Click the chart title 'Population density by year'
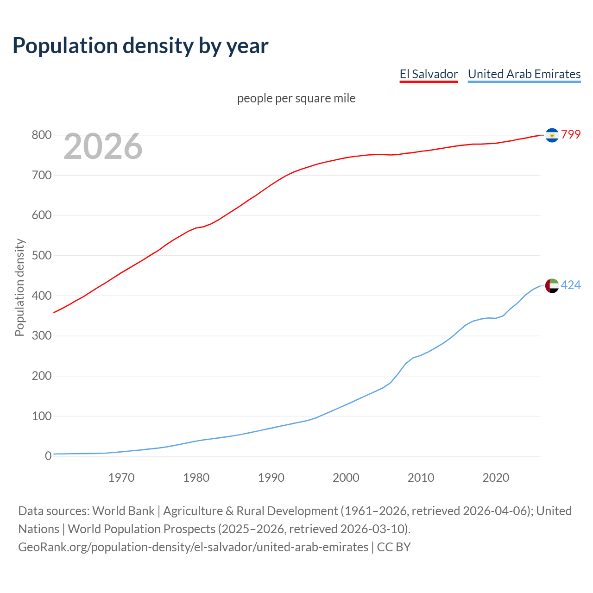tap(140, 45)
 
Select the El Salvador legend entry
tap(429, 74)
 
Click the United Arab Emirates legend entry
tap(524, 74)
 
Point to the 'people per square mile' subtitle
tap(296, 98)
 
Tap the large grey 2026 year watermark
tap(103, 146)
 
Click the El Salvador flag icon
tap(552, 135)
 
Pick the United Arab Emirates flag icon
tap(552, 285)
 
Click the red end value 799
tap(571, 134)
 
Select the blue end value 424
tap(571, 285)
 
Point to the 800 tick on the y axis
tap(41, 135)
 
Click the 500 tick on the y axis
tap(41, 256)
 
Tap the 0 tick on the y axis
tap(48, 456)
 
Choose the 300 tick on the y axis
tap(41, 336)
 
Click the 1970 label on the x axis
tap(121, 478)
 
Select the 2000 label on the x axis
tap(346, 478)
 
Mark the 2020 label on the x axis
tap(496, 478)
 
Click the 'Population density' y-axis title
tap(19, 287)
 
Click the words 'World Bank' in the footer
tap(123, 511)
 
